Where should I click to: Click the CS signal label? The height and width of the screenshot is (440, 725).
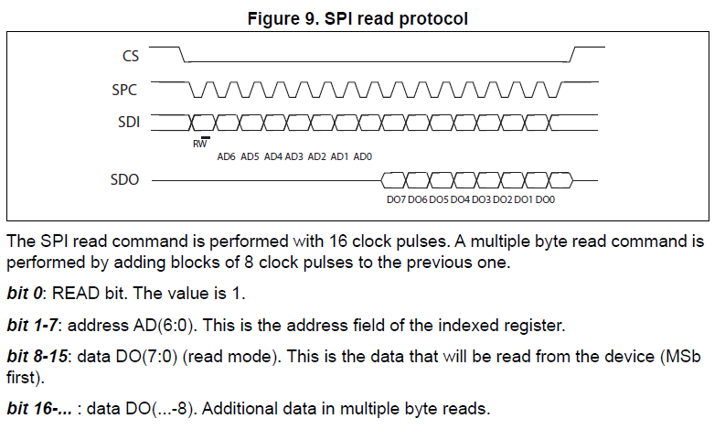pos(131,57)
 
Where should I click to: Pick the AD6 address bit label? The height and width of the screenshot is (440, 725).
pos(227,156)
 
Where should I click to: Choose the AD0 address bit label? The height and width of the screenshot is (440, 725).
pos(362,156)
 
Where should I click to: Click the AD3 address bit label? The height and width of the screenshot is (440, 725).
pos(294,156)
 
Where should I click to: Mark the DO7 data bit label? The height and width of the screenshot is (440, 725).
pos(396,199)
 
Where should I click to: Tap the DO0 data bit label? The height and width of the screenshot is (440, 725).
pos(546,199)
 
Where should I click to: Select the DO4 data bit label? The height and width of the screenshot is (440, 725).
pos(460,199)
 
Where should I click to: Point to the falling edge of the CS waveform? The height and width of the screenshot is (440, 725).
pos(182,54)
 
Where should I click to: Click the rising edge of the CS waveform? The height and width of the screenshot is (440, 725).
pos(572,54)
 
